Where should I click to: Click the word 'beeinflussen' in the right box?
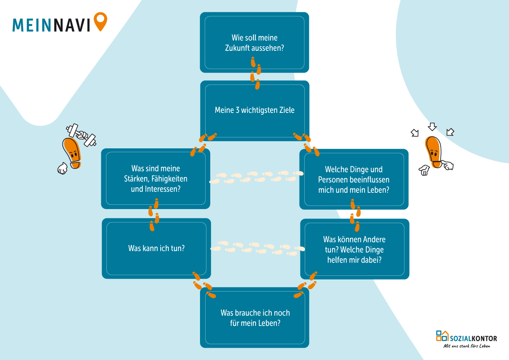click(368, 180)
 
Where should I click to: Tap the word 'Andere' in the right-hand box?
click(372, 239)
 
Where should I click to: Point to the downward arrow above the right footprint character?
click(432, 127)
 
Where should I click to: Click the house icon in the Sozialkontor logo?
click(443, 335)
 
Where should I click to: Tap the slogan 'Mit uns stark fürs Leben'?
click(467, 346)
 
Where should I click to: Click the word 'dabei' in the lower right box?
click(372, 259)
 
